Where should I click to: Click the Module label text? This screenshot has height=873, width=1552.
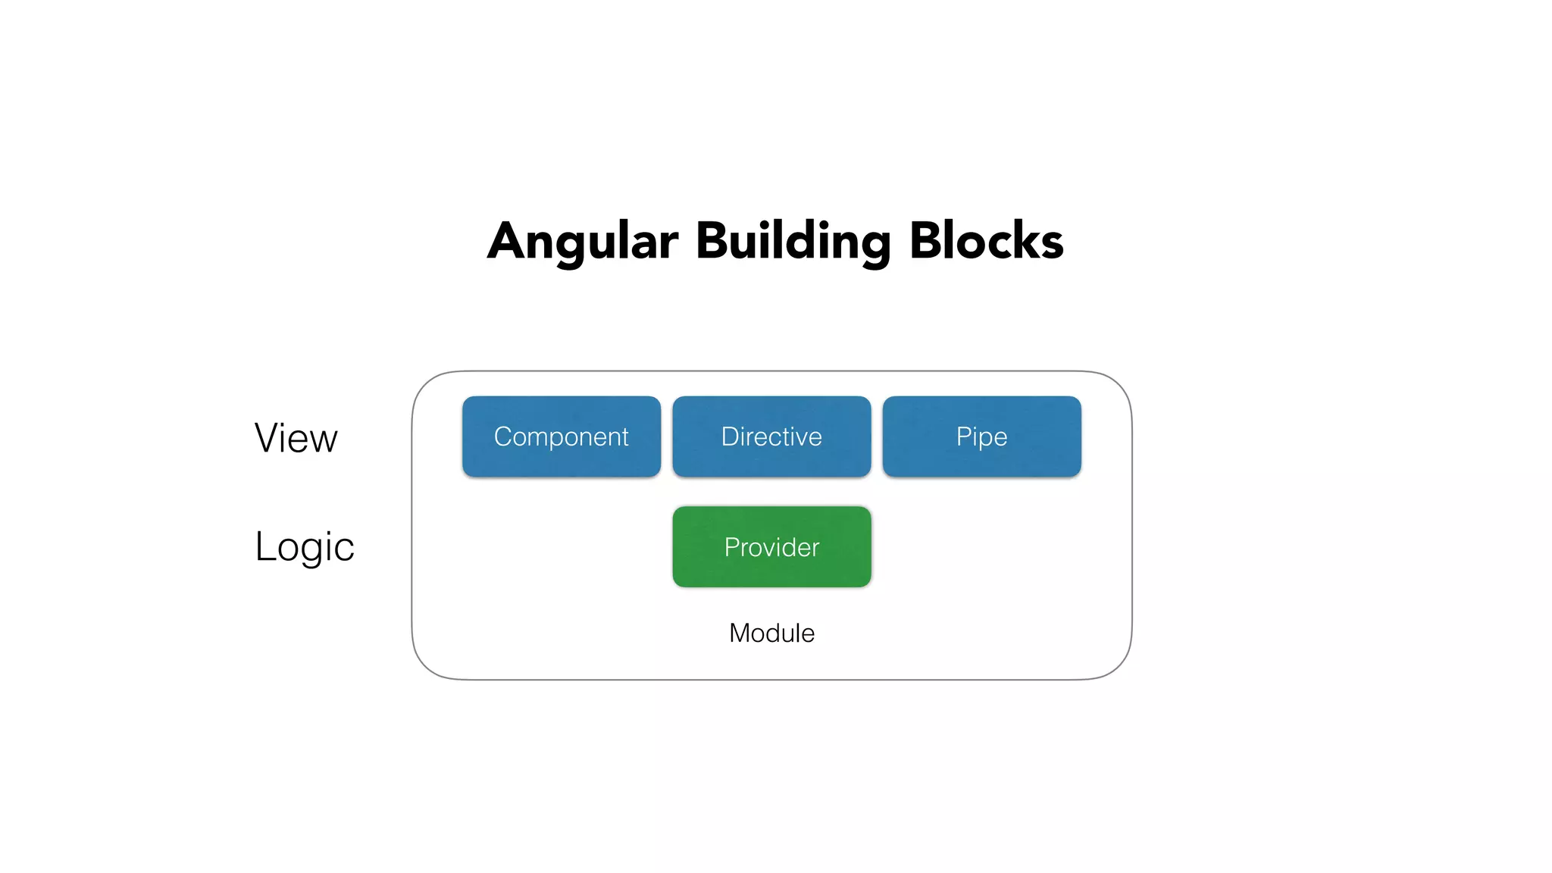click(x=771, y=633)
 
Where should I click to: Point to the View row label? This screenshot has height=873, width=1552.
click(x=296, y=438)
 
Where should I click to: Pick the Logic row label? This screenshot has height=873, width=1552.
click(x=305, y=546)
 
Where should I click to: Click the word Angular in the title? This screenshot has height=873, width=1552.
click(x=583, y=242)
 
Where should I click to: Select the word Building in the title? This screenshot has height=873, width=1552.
click(x=793, y=242)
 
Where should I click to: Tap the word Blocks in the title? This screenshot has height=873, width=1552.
click(x=986, y=241)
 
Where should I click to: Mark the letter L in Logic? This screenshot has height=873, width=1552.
click(x=265, y=546)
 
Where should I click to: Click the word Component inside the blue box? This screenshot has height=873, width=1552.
click(x=562, y=437)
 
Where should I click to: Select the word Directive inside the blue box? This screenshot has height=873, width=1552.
click(x=771, y=436)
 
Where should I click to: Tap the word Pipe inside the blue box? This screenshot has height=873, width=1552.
click(x=981, y=437)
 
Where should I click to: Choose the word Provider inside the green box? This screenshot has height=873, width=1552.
click(x=771, y=547)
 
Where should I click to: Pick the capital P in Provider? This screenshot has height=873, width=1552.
click(x=731, y=547)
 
